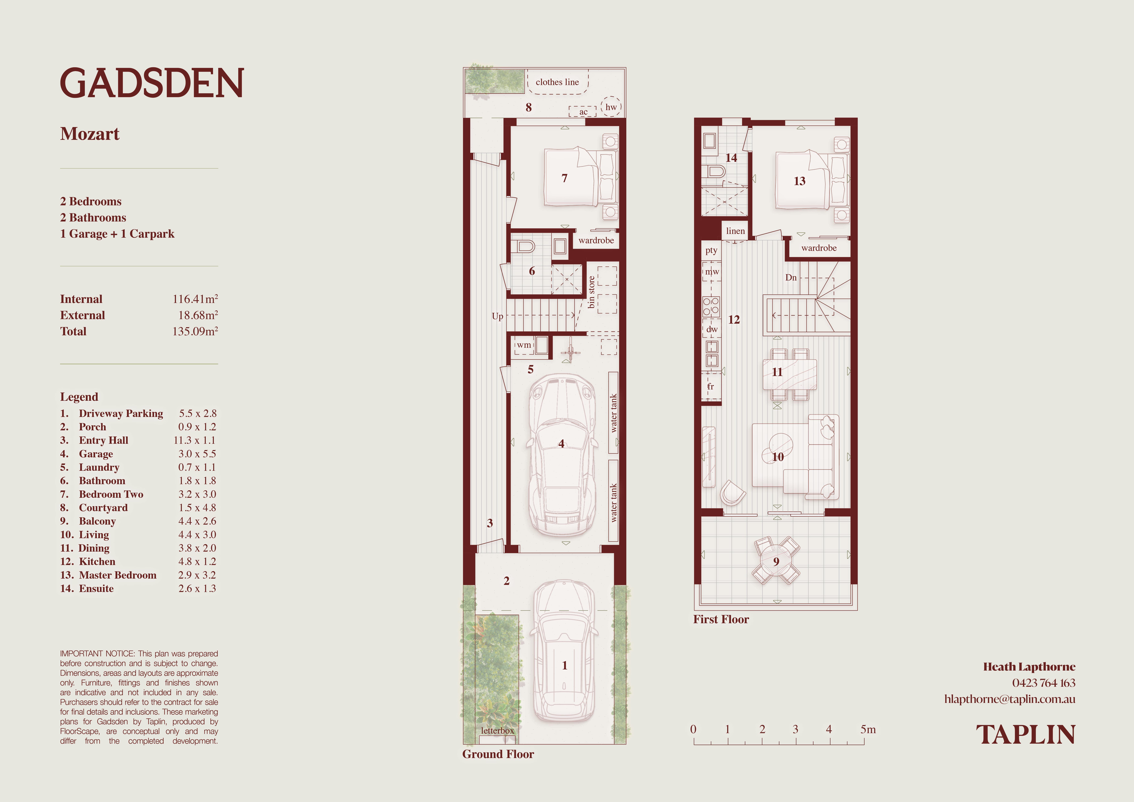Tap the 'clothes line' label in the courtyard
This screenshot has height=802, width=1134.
click(557, 82)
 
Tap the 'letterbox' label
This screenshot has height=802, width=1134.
click(497, 730)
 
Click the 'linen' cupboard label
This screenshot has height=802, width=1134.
click(735, 231)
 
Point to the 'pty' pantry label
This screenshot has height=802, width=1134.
click(711, 250)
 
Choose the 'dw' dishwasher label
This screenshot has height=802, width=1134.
click(712, 329)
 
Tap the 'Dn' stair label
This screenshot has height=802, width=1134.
click(791, 277)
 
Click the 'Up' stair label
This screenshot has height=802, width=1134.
click(497, 316)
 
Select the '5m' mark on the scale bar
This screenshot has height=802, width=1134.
click(868, 729)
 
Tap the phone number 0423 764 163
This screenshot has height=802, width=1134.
click(1044, 683)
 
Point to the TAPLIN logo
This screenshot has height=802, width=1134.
click(1026, 735)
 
